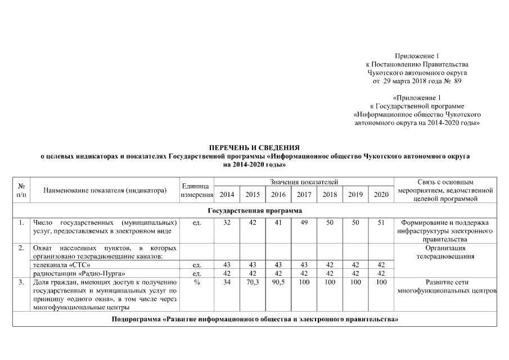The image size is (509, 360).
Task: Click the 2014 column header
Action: (227, 195)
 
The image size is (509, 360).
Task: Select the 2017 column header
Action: (304, 195)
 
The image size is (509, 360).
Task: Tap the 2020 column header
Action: (381, 195)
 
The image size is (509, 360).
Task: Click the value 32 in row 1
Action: (227, 223)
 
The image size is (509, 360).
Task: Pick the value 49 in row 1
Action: (304, 223)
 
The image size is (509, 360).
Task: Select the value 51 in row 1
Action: (381, 223)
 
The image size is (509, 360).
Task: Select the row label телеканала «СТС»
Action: (61, 264)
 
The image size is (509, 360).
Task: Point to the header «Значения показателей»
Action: (304, 182)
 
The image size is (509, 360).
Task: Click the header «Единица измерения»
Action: (197, 190)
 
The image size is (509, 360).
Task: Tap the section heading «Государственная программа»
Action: (254, 210)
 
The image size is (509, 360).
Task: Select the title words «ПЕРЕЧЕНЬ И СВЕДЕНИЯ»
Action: (254, 146)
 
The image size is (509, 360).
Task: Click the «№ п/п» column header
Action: (21, 190)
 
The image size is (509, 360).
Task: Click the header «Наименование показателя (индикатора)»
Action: (105, 191)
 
